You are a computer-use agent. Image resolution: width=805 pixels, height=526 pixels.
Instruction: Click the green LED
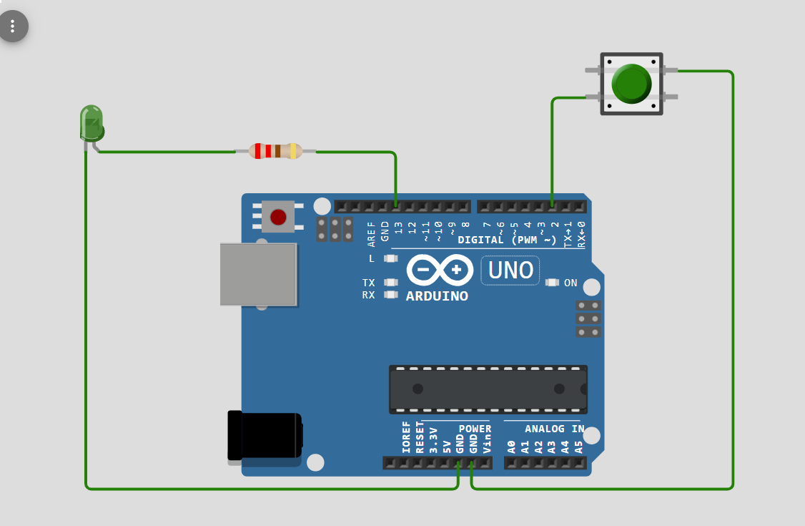tap(92, 123)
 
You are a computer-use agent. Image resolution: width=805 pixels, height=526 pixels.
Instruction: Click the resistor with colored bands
tap(275, 151)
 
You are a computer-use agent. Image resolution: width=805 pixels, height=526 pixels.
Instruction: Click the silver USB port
tap(258, 274)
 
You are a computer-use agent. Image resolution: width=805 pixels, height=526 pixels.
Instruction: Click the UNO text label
tap(510, 271)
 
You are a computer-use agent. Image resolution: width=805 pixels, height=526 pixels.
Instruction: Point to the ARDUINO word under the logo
tap(437, 296)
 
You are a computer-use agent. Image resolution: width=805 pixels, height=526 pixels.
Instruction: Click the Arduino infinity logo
tap(440, 270)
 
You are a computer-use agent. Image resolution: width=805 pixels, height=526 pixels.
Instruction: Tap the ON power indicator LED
tap(551, 283)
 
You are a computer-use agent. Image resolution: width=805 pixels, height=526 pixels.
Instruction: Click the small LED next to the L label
tap(390, 258)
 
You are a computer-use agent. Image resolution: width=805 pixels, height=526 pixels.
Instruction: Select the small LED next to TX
tap(390, 283)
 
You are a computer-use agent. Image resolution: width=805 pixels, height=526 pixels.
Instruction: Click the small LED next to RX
tap(390, 294)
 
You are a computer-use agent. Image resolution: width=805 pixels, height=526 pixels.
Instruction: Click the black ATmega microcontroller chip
tap(488, 389)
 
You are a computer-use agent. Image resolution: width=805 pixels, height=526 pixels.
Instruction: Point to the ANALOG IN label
tap(554, 429)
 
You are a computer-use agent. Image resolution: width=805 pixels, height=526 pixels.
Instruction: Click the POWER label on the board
tap(475, 429)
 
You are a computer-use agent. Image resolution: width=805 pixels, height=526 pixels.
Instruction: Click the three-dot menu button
tap(13, 27)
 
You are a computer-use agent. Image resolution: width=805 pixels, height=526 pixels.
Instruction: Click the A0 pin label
tap(511, 447)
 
